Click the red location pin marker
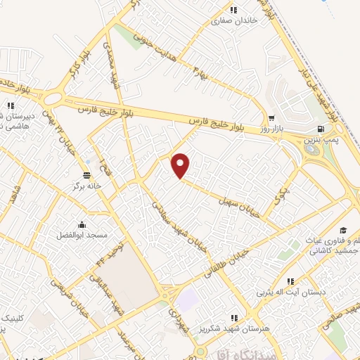pos(181,165)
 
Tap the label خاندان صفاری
pos(235,20)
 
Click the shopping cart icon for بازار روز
pos(271,118)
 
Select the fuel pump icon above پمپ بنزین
pos(321,129)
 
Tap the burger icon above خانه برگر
pos(86,175)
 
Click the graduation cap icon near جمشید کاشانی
pos(343,230)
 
